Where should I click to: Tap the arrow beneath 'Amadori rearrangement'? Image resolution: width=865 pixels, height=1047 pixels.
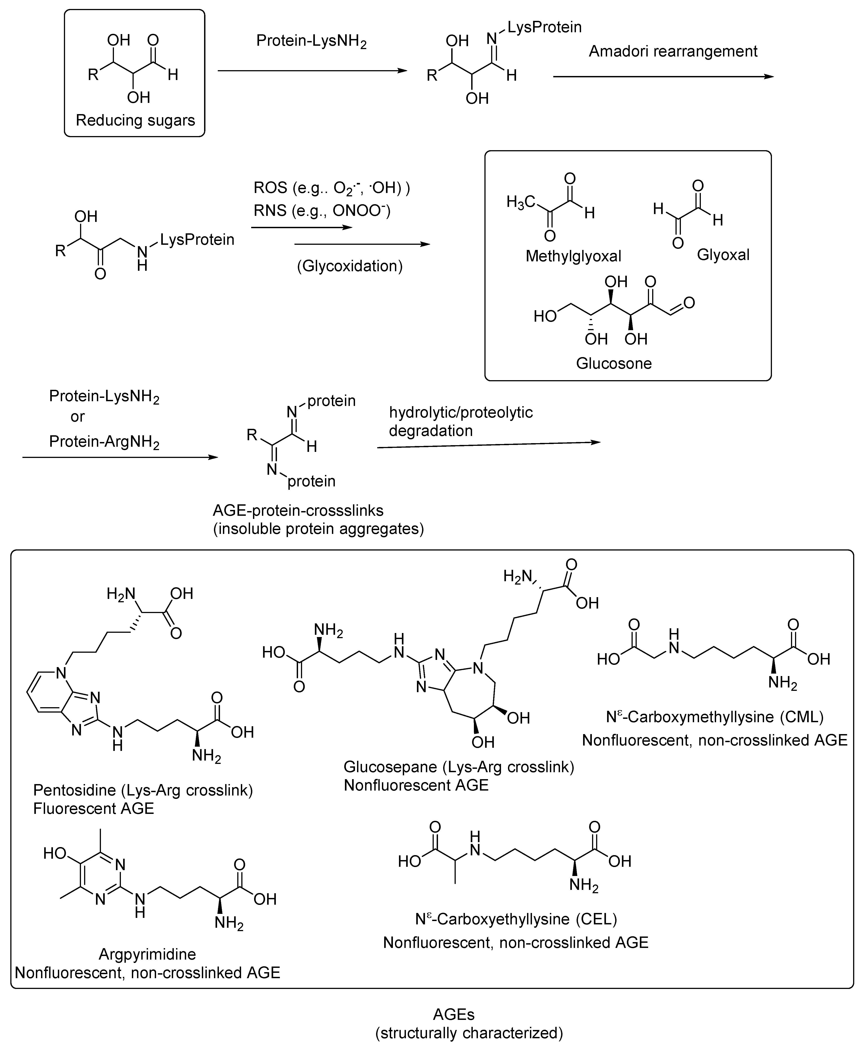click(663, 77)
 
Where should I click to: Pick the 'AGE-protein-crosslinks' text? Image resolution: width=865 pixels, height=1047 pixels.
click(298, 511)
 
